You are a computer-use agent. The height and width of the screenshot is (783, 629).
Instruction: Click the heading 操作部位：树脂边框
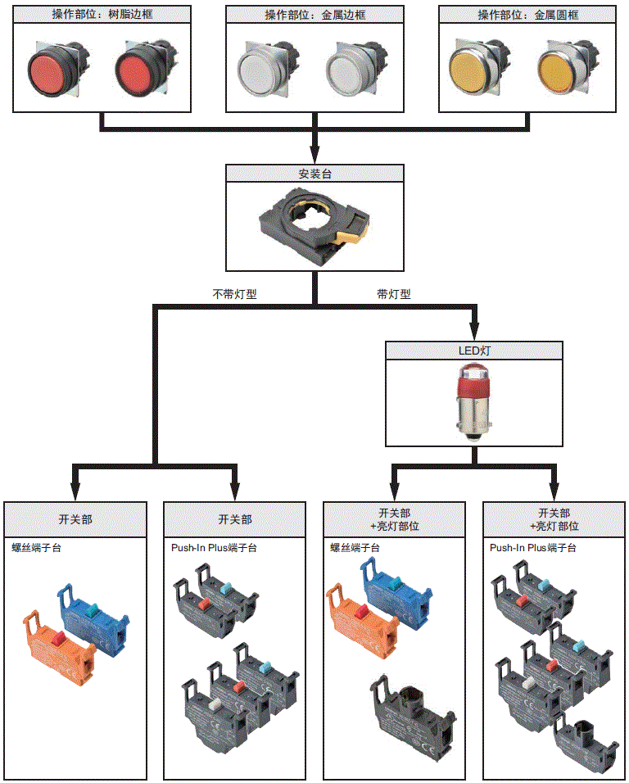click(x=102, y=15)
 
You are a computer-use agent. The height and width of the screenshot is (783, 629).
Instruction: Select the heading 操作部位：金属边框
click(x=314, y=15)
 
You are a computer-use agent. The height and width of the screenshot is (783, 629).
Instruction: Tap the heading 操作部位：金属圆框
click(x=527, y=15)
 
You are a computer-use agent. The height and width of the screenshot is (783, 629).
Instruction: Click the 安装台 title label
click(x=314, y=174)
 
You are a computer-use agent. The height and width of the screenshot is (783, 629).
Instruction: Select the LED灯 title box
click(x=474, y=351)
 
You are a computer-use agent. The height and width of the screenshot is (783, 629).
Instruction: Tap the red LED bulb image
click(x=474, y=401)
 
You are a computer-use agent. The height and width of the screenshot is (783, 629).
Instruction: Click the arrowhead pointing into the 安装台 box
click(x=314, y=156)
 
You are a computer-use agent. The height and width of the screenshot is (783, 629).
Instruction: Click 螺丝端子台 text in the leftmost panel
click(x=36, y=548)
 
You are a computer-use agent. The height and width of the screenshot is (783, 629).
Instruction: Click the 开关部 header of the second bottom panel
click(x=235, y=519)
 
